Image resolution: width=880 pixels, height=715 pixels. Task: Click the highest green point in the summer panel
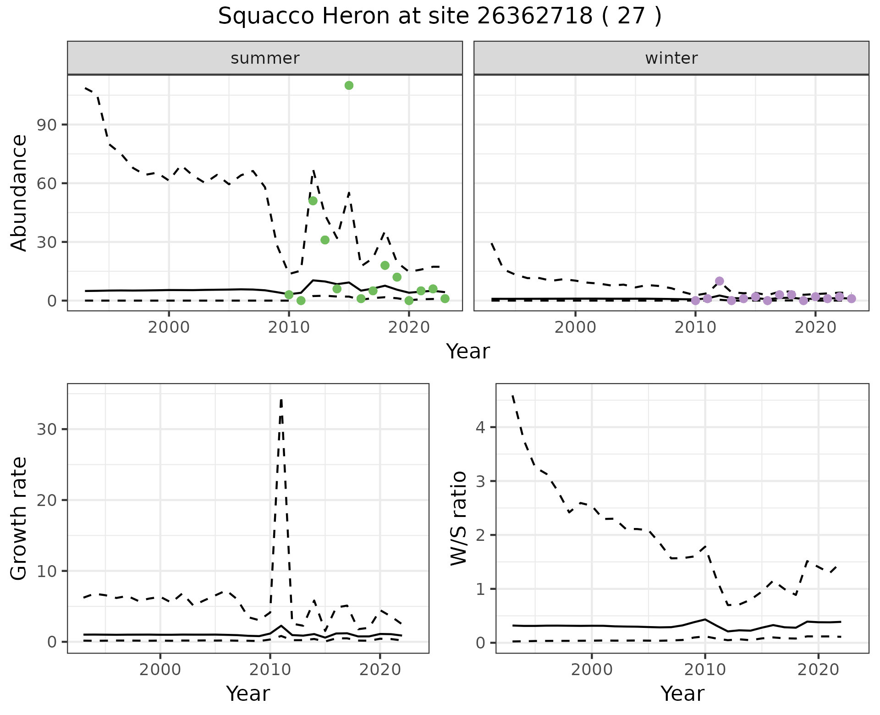(349, 85)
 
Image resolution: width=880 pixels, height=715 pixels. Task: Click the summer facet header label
(265, 58)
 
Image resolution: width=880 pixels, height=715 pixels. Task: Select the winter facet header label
(671, 58)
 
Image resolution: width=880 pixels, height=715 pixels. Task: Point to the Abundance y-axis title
(19, 192)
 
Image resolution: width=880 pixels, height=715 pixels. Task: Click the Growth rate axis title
(19, 518)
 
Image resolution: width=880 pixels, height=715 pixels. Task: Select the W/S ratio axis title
(458, 518)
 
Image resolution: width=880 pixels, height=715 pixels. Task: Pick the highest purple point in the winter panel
(720, 281)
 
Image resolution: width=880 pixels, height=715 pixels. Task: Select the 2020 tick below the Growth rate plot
(379, 670)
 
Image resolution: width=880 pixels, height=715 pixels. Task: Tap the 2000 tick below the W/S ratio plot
(592, 670)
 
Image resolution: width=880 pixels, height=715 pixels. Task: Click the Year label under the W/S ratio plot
(682, 694)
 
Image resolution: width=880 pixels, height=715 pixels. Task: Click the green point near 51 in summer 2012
(313, 201)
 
